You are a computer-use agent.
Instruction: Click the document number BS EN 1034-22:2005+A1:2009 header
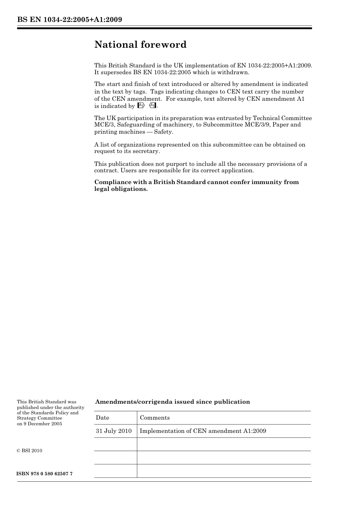point(69,20)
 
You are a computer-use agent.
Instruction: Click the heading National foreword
point(140,45)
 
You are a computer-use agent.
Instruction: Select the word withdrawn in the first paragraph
point(233,72)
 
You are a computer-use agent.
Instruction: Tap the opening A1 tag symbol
point(141,106)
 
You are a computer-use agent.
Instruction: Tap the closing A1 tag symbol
point(153,106)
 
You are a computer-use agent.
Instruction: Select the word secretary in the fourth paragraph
point(146,151)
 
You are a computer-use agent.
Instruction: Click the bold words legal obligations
point(121,189)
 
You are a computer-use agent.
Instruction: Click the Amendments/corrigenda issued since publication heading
point(172,402)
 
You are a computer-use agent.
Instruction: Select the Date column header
point(102,418)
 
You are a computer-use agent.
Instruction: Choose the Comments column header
point(155,418)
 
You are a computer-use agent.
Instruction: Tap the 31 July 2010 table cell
point(114,431)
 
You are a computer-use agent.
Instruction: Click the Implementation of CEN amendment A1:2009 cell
point(203,431)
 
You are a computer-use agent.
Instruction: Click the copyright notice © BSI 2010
point(30,451)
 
